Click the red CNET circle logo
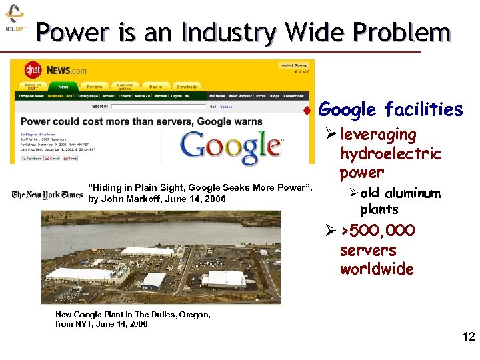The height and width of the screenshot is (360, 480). click(33, 69)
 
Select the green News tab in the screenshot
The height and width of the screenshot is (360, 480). click(63, 87)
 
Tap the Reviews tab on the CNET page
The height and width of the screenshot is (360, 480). click(94, 87)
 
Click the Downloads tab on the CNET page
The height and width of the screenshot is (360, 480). click(186, 87)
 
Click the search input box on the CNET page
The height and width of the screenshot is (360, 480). click(159, 106)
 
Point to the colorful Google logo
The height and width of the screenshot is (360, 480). click(231, 145)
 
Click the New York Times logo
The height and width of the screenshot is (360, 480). click(47, 195)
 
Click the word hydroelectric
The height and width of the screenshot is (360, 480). click(390, 154)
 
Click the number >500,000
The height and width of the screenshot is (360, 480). click(378, 231)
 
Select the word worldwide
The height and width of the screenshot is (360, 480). click(377, 269)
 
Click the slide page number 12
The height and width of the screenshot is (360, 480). click(468, 337)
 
